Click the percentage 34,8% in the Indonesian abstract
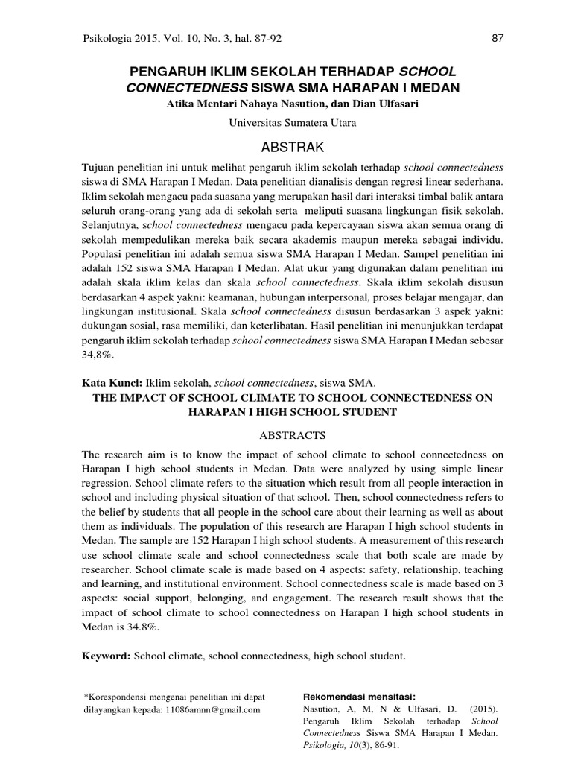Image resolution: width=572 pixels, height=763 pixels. (94, 357)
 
